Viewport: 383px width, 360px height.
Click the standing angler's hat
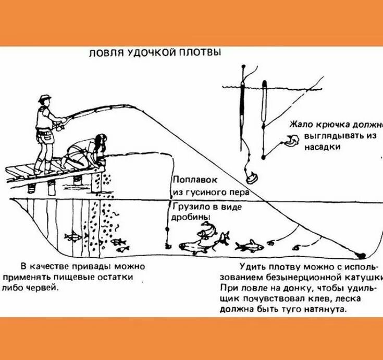pos(45,98)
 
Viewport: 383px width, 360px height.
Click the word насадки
pos(323,147)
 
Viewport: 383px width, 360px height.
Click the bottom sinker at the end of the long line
pos(359,255)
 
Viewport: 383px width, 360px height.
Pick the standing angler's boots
pos(42,168)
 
